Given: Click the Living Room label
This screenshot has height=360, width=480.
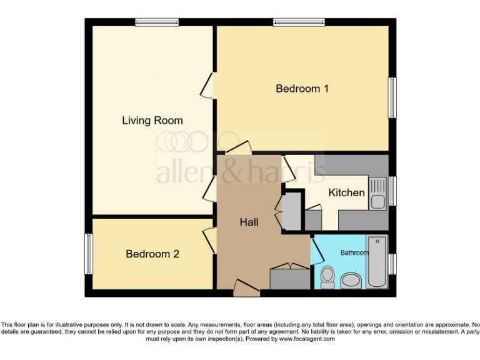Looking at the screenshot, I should [152, 121].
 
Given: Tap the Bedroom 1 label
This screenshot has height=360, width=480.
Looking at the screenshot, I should [302, 89].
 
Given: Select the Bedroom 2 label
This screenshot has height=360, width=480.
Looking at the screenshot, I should [152, 254].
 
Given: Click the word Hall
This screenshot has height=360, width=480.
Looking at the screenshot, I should [249, 222].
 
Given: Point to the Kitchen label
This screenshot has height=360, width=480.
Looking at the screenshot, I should [346, 192].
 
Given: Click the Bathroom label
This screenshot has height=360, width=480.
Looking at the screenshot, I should [354, 253].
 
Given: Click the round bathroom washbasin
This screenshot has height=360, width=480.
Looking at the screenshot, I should [351, 281].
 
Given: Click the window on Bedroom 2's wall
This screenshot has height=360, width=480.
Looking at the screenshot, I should [89, 254].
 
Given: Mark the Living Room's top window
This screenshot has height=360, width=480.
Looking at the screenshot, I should [157, 22].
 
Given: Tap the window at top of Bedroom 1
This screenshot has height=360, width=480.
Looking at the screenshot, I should [299, 22].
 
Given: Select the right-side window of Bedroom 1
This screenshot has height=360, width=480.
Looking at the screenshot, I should [392, 97].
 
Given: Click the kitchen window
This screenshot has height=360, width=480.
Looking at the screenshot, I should [392, 191].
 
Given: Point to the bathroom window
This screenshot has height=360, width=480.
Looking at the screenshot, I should [392, 264].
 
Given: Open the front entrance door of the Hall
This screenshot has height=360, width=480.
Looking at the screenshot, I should [246, 289].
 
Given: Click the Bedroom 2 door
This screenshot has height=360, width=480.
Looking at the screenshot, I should [209, 240].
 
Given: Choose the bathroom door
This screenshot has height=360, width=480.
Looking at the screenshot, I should [316, 249].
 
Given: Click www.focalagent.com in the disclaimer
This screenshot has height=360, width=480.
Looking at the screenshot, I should [306, 339].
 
